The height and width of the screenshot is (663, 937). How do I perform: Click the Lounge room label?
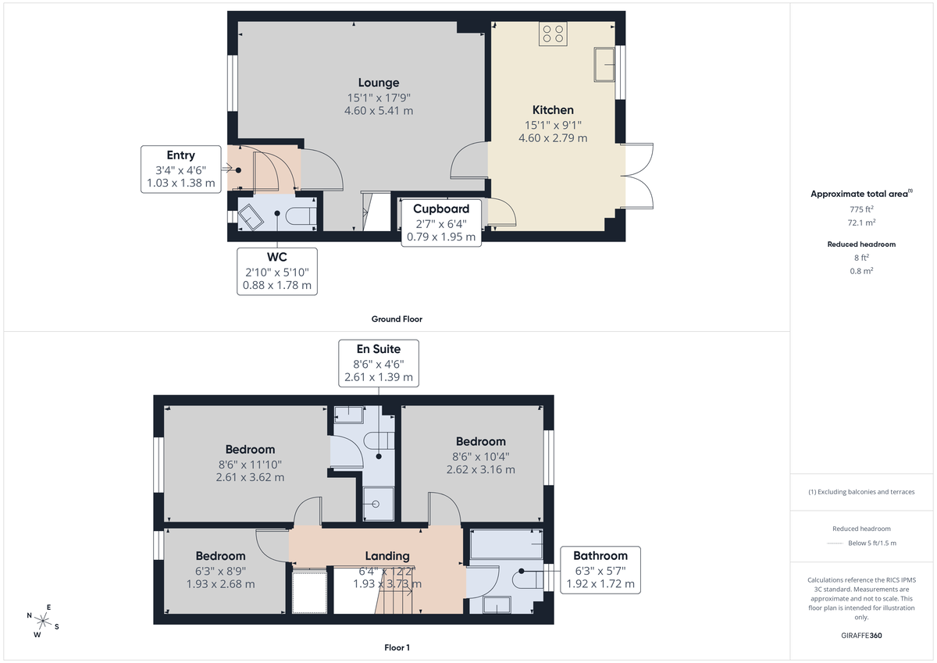379,83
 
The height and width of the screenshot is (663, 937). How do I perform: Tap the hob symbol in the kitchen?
554,34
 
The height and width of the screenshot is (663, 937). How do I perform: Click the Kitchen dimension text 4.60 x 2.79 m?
553,138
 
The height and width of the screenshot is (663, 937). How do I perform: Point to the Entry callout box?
180,169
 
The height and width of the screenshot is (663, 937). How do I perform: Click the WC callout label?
276,271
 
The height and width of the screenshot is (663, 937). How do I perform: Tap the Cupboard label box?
441,223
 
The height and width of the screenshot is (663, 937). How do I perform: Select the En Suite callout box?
379,362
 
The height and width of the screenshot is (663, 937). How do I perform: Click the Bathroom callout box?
600,569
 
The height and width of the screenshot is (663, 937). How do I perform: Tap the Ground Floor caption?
397,319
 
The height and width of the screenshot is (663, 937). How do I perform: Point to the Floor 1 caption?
397,647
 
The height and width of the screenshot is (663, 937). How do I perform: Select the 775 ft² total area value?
862,209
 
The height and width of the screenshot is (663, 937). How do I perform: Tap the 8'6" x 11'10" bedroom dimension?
250,464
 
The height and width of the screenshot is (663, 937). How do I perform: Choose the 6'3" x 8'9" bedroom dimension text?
220,570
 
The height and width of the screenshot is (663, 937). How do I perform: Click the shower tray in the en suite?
377,504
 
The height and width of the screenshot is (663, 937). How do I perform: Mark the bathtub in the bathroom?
506,544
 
